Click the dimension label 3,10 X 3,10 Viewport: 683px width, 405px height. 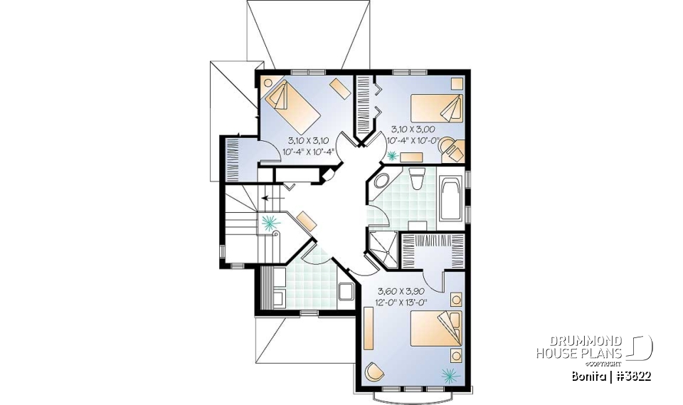pos(309,140)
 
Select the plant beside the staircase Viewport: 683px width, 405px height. pos(269,223)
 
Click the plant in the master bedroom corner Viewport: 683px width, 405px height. pos(449,374)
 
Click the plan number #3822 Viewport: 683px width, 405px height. pos(632,375)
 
